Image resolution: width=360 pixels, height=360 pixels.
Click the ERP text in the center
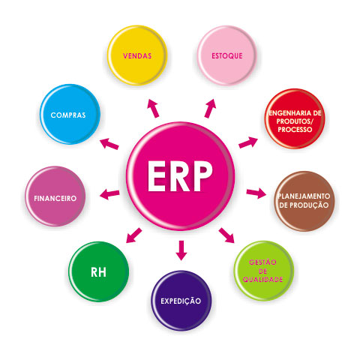180,176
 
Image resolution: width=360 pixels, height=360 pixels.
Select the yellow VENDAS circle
137,55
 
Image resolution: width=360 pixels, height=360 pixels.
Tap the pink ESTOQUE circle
227,55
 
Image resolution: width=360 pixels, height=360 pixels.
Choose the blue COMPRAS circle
70,114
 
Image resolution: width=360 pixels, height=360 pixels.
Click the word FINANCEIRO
55,199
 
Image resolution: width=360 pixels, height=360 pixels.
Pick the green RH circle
99,271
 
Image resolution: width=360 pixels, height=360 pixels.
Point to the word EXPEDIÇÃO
181,300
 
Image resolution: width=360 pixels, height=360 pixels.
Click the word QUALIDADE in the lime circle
263,279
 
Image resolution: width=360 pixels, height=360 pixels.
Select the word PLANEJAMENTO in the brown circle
304,196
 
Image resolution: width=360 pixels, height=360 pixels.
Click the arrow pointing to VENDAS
153,108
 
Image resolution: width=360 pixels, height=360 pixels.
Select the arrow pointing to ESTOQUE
210,108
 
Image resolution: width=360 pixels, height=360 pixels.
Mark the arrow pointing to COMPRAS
109,144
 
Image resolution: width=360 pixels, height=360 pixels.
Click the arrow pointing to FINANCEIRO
109,194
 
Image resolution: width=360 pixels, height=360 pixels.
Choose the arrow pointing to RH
133,235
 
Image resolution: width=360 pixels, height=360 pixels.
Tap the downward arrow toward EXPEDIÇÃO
181,250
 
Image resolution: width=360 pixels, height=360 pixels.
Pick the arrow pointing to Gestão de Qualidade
226,235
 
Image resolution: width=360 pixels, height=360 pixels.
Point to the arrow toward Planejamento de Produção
256,193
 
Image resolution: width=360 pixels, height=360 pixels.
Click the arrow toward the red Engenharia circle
248,142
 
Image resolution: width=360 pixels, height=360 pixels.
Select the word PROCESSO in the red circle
295,130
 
